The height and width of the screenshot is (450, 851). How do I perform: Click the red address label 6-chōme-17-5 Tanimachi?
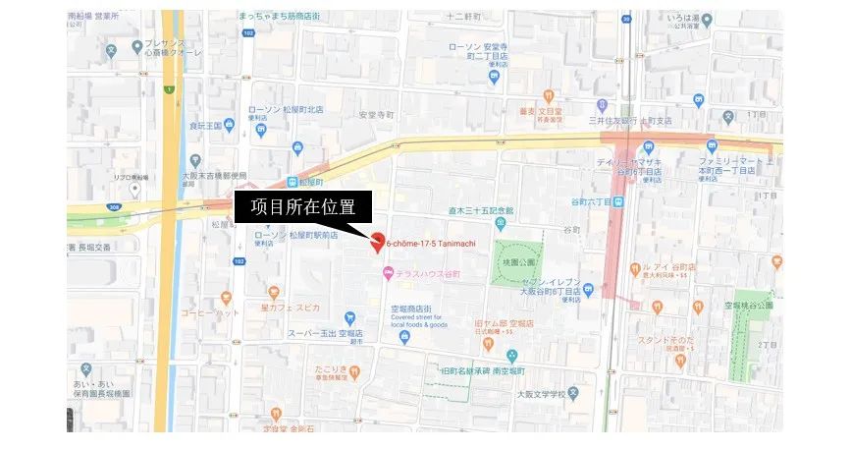437,243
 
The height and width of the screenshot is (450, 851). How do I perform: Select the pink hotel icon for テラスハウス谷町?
389,273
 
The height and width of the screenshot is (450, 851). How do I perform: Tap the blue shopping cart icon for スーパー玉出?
350,317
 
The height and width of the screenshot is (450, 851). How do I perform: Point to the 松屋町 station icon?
292,182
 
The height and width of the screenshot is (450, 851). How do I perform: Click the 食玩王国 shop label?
200,126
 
